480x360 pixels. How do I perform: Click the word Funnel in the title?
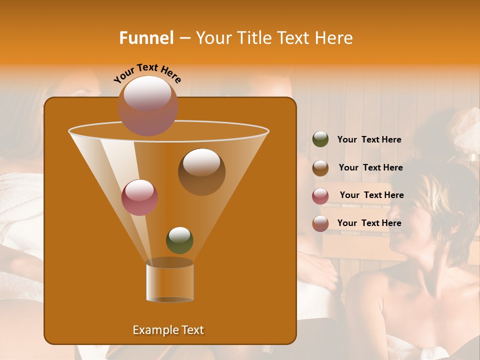146,38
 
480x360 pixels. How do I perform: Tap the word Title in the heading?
254,38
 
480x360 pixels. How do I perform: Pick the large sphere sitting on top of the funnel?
147,105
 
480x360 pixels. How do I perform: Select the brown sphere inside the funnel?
201,171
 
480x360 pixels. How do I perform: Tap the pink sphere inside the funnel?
139,197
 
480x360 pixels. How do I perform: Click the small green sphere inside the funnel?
179,240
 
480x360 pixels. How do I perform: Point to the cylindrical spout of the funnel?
170,281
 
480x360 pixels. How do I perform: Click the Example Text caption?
168,330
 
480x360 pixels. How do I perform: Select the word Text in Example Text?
191,330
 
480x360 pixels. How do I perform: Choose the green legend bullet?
320,139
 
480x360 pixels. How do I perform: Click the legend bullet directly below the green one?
320,168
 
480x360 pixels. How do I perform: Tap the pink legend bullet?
320,196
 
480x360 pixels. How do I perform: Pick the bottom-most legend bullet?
320,223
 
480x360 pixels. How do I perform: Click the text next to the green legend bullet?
369,140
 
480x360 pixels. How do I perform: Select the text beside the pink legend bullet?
371,195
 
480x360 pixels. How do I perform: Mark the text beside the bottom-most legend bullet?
369,223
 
